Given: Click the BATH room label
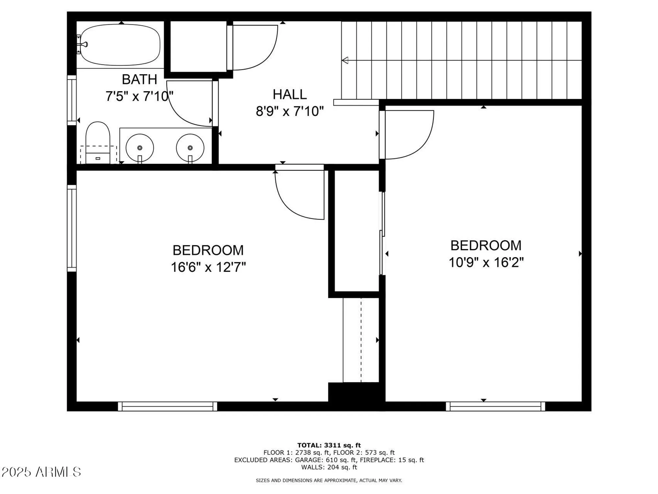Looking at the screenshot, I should (139, 79).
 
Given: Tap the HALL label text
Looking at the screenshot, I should (290, 95).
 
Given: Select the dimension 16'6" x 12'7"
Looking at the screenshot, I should (208, 267).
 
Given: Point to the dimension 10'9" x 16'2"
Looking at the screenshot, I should (486, 262).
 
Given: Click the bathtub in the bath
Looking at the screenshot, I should (120, 44).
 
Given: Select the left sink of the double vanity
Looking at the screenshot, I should (140, 148).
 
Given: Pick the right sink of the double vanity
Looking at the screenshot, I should (190, 148).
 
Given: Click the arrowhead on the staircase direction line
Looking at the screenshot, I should (345, 60).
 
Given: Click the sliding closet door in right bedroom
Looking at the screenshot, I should (382, 234).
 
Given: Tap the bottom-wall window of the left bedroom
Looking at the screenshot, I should (167, 406).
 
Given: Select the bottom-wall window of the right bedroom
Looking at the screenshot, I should (495, 406).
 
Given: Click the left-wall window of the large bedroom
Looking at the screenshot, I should (72, 228).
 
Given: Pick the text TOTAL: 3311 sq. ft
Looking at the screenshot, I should (329, 445).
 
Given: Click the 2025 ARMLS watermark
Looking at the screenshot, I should (41, 472).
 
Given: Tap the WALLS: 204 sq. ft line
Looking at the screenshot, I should (329, 467).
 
